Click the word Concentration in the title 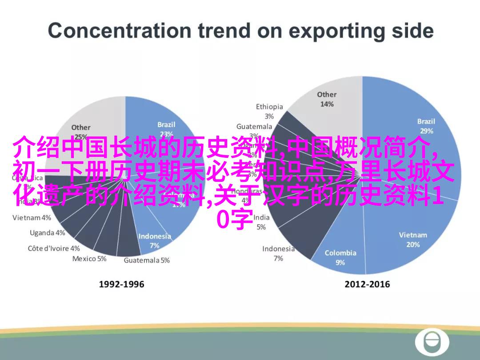119,31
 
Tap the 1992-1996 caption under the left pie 121,284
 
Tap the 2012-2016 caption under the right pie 367,284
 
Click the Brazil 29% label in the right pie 426,126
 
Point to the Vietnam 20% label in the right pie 412,240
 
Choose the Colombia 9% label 340,257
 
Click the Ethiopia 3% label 269,111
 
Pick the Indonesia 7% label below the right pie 278,253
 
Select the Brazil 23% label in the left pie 166,129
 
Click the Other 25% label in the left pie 80,132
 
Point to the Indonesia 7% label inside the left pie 154,240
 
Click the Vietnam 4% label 32,218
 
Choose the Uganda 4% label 47,233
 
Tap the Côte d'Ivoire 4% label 54,248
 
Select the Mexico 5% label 89,259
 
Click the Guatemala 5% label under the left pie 147,260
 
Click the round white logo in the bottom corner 432,343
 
